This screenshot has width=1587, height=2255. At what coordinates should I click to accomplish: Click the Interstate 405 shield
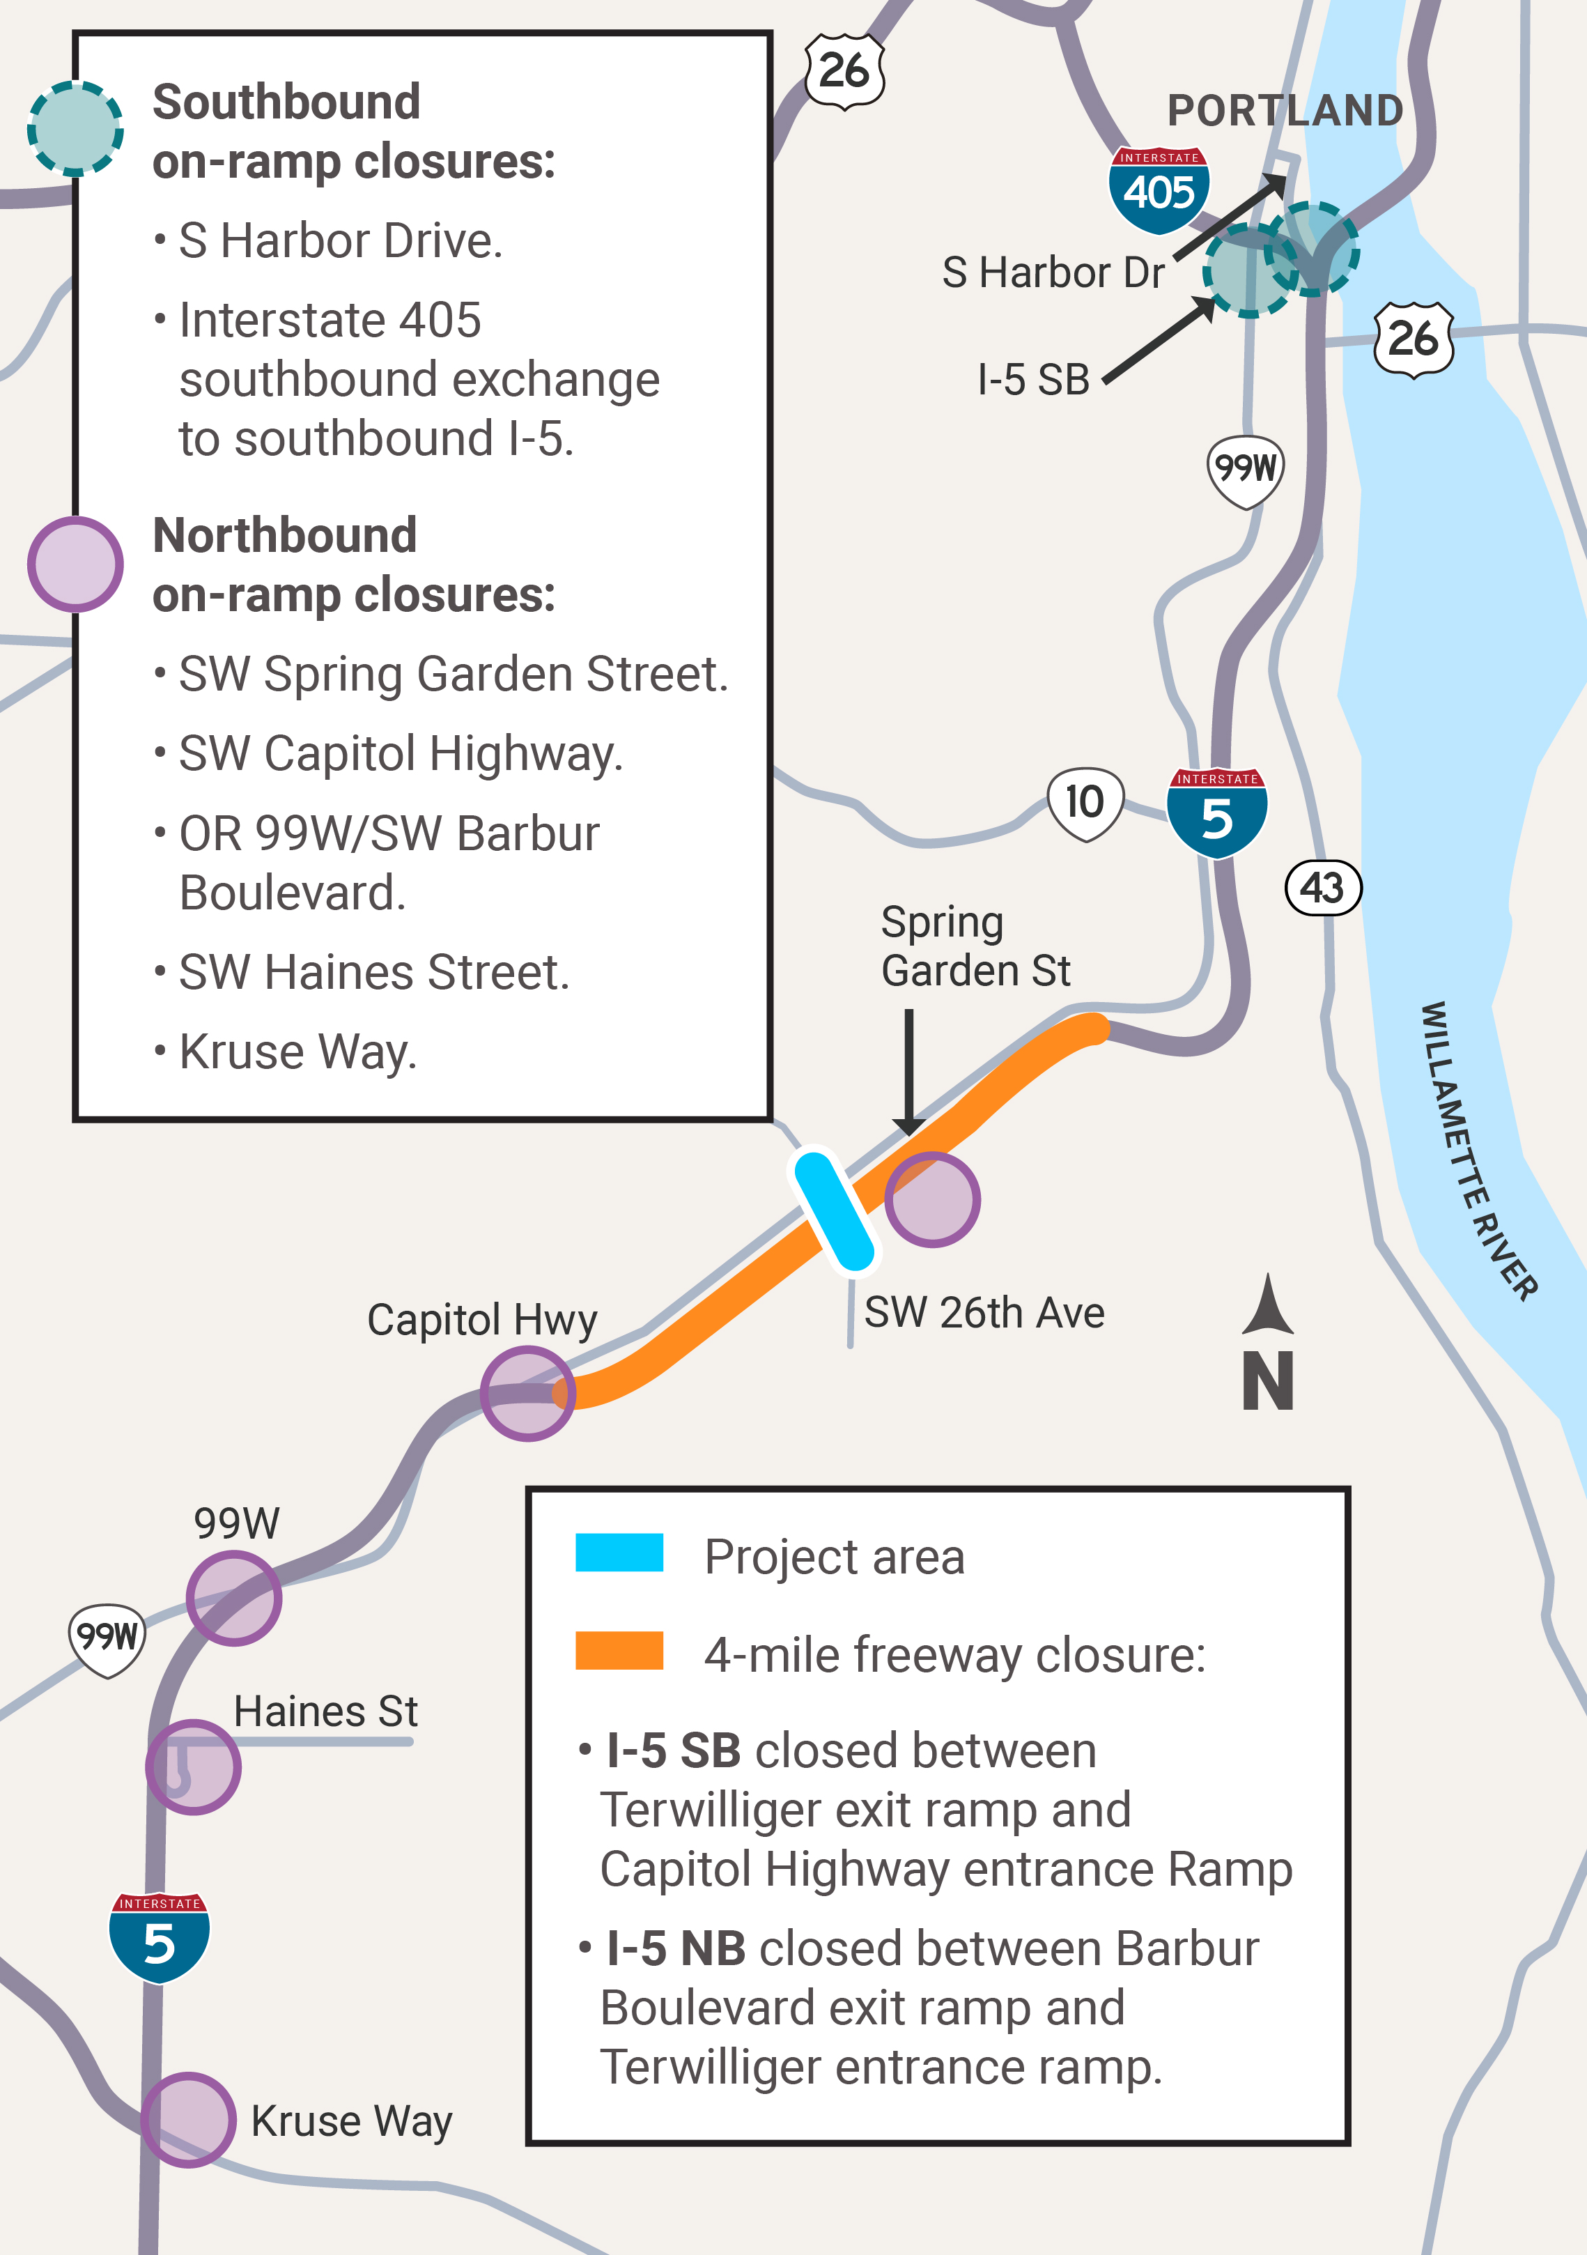(x=1159, y=190)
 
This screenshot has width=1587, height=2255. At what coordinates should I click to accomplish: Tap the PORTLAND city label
(x=1285, y=110)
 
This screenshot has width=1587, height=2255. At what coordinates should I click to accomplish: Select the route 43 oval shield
(x=1323, y=888)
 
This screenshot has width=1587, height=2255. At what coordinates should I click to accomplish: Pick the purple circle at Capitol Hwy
(x=527, y=1393)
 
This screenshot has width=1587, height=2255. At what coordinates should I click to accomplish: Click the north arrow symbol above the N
(x=1268, y=1307)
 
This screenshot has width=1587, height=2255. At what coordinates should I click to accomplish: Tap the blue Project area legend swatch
(x=619, y=1552)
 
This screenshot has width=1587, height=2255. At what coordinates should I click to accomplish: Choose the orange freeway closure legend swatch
(x=619, y=1650)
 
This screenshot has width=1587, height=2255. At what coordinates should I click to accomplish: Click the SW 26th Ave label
(x=984, y=1312)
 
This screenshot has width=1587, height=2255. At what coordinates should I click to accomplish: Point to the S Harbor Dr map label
(x=1053, y=272)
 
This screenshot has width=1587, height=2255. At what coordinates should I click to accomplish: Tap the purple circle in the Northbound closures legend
(x=76, y=564)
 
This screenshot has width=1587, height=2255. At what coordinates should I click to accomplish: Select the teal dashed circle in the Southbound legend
(x=76, y=129)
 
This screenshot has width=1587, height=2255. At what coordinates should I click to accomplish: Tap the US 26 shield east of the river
(x=1413, y=339)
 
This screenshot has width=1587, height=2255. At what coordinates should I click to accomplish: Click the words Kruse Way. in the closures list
(x=297, y=1051)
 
